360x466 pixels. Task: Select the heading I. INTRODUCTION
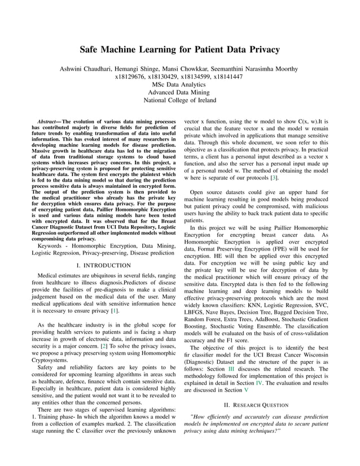102,265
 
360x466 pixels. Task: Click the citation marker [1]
115,311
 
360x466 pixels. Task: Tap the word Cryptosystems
51,358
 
